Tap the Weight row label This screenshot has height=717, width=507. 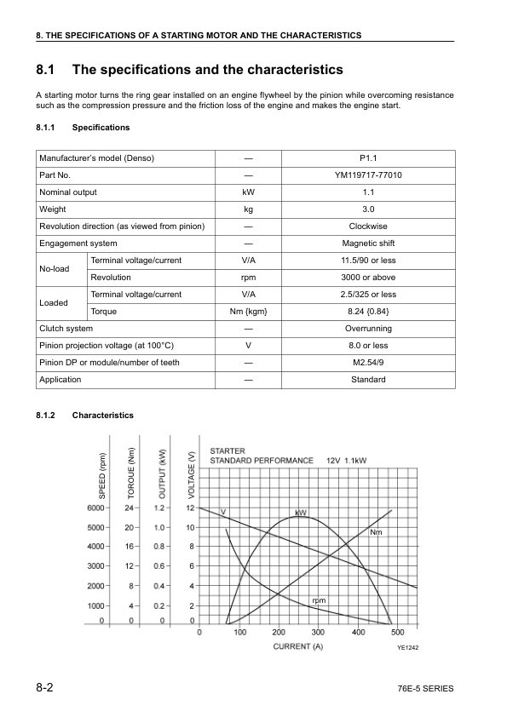(53, 209)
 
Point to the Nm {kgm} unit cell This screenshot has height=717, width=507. (249, 312)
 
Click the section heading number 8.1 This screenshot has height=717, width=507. (46, 69)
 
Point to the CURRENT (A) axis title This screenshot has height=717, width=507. (297, 647)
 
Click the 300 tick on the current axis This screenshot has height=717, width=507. (318, 633)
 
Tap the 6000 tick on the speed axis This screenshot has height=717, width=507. (95, 508)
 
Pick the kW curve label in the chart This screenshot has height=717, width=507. (301, 513)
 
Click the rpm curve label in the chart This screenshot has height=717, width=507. (319, 601)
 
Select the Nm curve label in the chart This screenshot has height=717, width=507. (376, 532)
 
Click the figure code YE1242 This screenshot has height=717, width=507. (408, 649)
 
